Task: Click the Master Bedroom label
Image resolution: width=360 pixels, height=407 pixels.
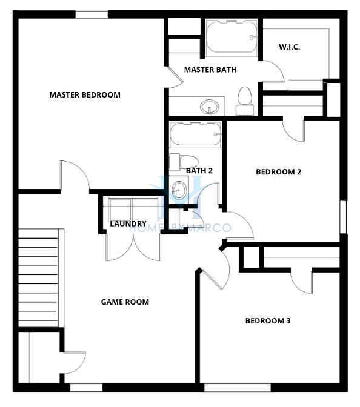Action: [x=85, y=94]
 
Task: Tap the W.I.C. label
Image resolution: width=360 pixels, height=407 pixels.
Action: [x=289, y=47]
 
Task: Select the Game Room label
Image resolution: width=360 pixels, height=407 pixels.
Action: [x=125, y=302]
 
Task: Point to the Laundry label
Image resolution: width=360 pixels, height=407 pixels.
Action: [x=128, y=223]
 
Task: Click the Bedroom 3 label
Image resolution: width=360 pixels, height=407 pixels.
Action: [x=268, y=321]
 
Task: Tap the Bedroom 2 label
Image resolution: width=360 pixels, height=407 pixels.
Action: [x=279, y=172]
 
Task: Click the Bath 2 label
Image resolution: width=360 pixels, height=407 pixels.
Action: [x=199, y=171]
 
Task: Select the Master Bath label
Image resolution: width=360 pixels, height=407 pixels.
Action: [x=210, y=70]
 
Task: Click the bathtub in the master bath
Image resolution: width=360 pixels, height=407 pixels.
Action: [x=232, y=38]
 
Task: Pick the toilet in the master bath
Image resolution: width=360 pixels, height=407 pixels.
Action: [x=245, y=101]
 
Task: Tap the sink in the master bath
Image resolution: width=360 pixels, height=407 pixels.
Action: [x=209, y=107]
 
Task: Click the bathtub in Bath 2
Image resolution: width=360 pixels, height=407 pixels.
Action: [x=195, y=134]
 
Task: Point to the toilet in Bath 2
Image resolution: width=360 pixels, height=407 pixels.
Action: [x=184, y=162]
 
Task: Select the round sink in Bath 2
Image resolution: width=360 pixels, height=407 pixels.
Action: [x=179, y=190]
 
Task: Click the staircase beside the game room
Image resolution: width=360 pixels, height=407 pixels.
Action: [x=41, y=278]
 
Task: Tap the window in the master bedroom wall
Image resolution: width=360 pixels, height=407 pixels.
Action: [x=92, y=15]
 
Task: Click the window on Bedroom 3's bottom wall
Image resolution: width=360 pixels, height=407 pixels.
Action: [x=238, y=388]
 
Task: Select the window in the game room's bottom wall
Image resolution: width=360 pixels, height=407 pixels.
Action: [x=87, y=388]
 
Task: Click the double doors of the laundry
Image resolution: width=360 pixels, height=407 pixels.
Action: [x=133, y=247]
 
